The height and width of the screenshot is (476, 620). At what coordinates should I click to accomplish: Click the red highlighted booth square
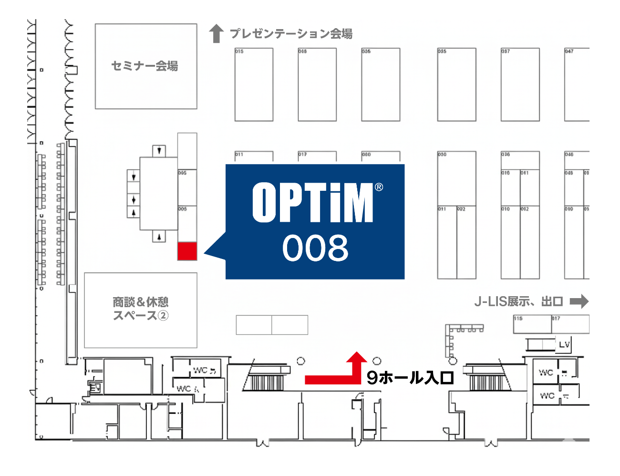(187, 251)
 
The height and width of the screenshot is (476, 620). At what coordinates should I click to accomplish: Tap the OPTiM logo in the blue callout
(313, 203)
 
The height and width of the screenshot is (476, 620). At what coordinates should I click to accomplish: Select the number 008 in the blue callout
(315, 248)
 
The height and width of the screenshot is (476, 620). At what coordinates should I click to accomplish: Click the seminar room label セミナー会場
(145, 66)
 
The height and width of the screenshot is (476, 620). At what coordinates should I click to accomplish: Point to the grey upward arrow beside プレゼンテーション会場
(217, 33)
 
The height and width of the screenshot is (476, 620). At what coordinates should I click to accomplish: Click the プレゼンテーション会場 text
(291, 33)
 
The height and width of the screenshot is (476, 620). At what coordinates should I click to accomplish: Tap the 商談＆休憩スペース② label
(141, 309)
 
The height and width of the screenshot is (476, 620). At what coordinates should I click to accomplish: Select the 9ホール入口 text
(410, 378)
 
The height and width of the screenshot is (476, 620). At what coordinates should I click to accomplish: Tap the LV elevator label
(564, 344)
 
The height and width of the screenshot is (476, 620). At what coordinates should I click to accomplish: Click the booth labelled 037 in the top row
(520, 84)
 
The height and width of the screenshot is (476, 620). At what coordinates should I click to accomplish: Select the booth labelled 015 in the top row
(254, 84)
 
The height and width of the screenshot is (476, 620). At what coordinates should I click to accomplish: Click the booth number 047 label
(569, 51)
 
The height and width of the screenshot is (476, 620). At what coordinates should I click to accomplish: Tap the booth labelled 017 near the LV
(570, 324)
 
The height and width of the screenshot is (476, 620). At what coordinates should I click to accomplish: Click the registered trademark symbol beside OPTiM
(379, 187)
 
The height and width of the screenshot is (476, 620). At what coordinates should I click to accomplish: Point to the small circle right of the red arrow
(377, 361)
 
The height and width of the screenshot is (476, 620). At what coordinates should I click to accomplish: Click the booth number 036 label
(506, 155)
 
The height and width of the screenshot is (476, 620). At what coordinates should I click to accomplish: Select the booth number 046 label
(569, 155)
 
